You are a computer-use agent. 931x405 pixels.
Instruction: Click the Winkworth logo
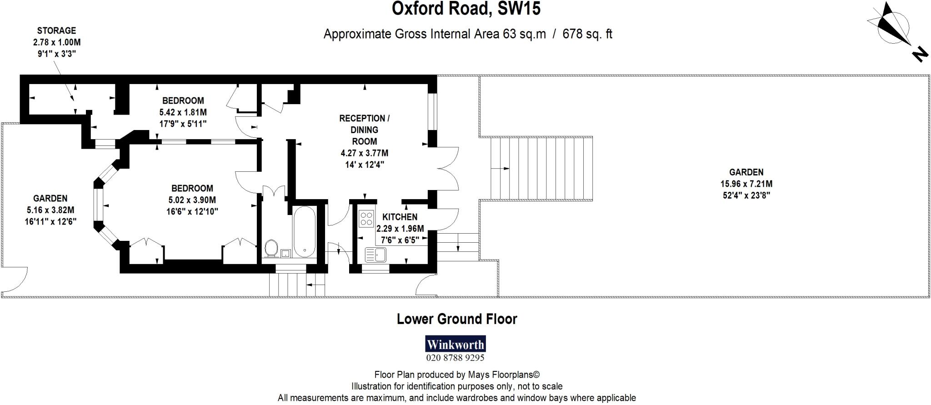[x=455, y=344]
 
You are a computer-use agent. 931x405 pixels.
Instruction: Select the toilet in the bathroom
[x=271, y=248]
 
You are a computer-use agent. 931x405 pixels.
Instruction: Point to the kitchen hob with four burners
[x=366, y=218]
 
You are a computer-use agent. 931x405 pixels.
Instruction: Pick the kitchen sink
[x=376, y=255]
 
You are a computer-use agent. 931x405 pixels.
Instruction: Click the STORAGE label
[x=56, y=31]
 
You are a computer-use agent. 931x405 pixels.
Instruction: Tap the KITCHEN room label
[x=400, y=217]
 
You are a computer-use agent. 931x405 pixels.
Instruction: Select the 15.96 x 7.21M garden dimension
[x=746, y=184]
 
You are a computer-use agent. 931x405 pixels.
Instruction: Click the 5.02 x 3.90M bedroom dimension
[x=192, y=200]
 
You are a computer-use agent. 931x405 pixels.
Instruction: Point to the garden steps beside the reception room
[x=541, y=168]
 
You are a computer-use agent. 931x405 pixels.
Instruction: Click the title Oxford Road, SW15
[x=466, y=9]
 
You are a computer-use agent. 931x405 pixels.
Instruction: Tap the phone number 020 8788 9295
[x=455, y=358]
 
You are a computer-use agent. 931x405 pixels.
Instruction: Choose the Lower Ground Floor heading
[x=457, y=319]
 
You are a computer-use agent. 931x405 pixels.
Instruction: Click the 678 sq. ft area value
[x=587, y=34]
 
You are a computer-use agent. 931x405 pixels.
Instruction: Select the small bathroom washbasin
[x=286, y=253]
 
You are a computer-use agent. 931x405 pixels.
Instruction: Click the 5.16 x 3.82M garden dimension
[x=50, y=210]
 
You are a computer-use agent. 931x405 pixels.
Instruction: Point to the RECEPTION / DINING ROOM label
[x=364, y=130]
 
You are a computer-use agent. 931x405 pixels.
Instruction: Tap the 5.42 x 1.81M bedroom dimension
[x=183, y=112]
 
